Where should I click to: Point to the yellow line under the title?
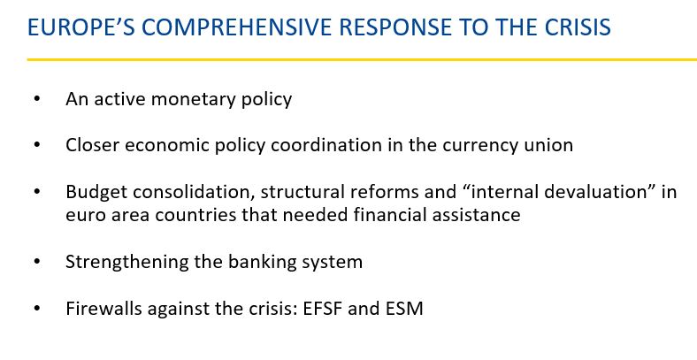click(362, 59)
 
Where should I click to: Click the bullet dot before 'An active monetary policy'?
click(36, 98)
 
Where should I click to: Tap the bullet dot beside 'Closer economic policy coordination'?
click(36, 144)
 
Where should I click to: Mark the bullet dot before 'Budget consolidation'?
click(36, 192)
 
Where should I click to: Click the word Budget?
click(96, 193)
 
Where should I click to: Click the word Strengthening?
click(126, 262)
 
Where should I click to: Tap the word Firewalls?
click(104, 309)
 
